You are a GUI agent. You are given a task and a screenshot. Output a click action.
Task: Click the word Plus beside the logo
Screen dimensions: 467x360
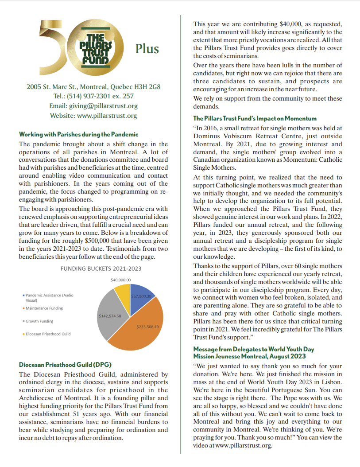point(147,48)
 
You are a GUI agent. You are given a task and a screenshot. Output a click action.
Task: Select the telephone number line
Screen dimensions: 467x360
point(93,96)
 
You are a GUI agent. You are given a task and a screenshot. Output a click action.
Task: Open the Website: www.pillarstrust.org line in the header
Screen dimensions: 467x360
point(93,116)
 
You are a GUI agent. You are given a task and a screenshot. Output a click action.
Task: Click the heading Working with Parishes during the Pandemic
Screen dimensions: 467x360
point(79,134)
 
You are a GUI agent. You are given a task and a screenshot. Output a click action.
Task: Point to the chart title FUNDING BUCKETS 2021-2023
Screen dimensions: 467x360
point(101,269)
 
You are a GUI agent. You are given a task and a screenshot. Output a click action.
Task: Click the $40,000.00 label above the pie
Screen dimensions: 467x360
point(120,280)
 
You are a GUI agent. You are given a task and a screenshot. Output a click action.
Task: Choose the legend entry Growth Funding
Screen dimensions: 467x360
point(39,321)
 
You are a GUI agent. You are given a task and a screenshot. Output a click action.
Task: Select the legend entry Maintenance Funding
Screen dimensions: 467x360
point(44,308)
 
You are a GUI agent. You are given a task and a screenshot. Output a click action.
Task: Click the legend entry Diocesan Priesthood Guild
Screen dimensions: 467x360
point(48,334)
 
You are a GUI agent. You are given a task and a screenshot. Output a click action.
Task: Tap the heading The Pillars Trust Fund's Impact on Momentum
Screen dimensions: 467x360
point(255,118)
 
